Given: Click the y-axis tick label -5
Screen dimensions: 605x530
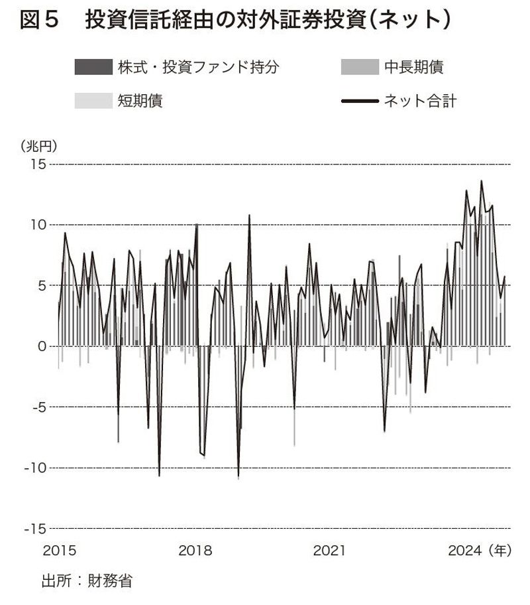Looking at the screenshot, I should tap(36, 407).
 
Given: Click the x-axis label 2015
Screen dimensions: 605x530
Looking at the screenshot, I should tap(60, 551).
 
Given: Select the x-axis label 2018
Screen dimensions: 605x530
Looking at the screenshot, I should tap(195, 551).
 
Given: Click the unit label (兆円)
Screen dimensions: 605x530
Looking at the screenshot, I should tap(40, 145).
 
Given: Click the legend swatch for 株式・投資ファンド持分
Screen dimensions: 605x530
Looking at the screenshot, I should tap(95, 67).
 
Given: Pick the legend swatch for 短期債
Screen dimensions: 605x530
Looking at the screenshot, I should tap(95, 101).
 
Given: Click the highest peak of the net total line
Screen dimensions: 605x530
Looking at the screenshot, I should tap(482, 180).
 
